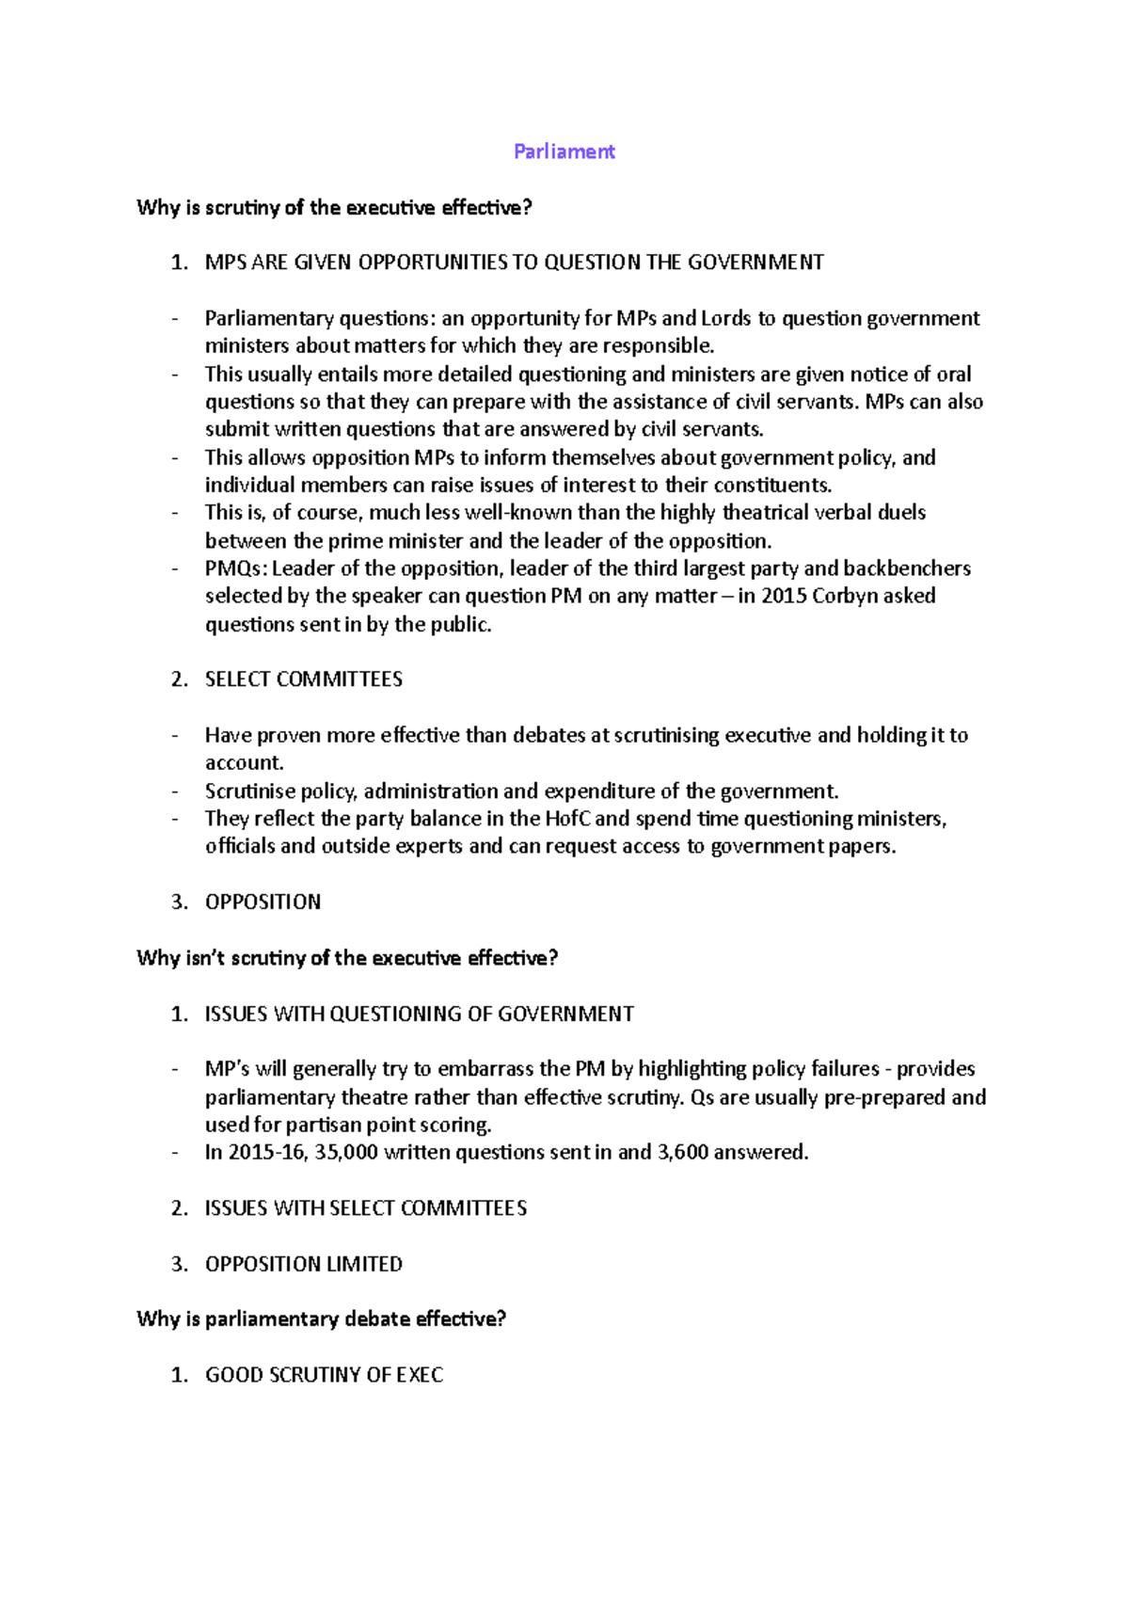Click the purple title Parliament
click(x=564, y=152)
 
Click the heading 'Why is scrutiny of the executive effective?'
click(x=334, y=208)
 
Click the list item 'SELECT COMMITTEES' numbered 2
click(x=303, y=679)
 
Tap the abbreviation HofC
click(x=567, y=819)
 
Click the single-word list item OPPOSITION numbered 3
click(x=262, y=902)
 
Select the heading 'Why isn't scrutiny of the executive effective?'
click(x=347, y=958)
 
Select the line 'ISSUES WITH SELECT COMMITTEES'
click(x=365, y=1208)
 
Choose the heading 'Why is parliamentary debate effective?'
click(x=321, y=1319)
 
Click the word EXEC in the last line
click(x=420, y=1375)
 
